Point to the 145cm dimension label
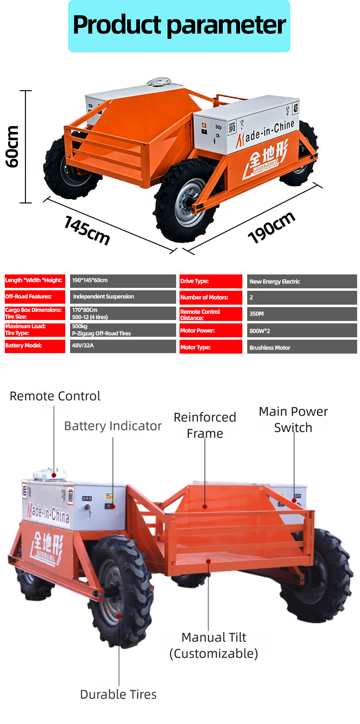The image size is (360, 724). (x=87, y=230)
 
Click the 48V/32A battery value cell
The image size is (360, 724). (x=123, y=346)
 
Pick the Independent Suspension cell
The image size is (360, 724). (x=123, y=297)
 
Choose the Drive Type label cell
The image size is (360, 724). (x=211, y=282)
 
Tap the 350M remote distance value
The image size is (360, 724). (x=302, y=314)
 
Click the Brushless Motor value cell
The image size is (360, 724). (x=302, y=347)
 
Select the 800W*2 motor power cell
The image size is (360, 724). (x=302, y=331)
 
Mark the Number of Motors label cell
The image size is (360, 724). (x=211, y=297)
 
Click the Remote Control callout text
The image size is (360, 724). (x=55, y=396)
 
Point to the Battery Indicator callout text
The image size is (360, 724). (x=113, y=426)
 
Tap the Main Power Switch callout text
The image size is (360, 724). (x=293, y=419)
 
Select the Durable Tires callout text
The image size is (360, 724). (x=118, y=694)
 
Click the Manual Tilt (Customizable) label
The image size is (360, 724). (x=214, y=645)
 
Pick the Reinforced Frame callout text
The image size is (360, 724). (x=205, y=425)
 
